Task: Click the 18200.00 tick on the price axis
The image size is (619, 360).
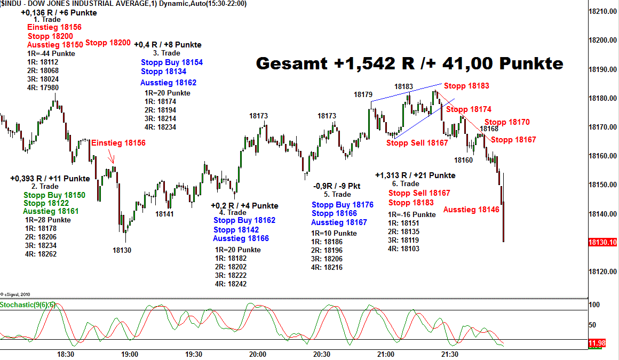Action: [603, 40]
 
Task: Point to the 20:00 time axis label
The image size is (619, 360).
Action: [258, 354]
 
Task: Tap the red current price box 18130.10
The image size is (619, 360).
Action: [602, 242]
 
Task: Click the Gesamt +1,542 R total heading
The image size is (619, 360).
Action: [409, 63]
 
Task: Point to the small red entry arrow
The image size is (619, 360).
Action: [111, 158]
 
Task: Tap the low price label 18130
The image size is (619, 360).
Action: [122, 250]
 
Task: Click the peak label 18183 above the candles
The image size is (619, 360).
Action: [403, 86]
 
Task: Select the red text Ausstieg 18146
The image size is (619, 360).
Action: [471, 210]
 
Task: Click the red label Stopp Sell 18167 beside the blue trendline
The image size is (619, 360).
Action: [417, 143]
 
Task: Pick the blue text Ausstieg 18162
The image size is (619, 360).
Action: [168, 83]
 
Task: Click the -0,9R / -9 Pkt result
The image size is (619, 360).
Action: [337, 186]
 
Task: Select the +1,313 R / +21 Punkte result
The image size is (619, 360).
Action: [415, 175]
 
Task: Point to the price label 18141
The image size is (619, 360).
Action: [164, 214]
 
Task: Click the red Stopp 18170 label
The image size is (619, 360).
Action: [507, 122]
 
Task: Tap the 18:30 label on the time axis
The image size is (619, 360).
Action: [66, 354]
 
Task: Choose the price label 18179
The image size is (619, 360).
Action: [363, 94]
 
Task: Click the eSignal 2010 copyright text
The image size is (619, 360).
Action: [17, 294]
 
